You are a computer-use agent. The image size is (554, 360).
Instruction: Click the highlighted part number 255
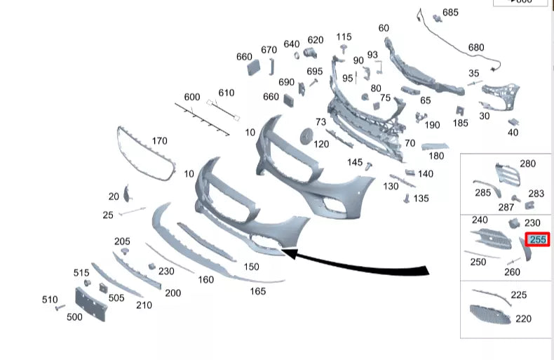538,239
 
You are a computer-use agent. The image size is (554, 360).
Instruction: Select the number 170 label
159,141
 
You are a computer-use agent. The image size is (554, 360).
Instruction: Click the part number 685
450,13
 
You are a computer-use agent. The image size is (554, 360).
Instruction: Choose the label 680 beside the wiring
476,48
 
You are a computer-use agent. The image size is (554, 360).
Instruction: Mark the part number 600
191,97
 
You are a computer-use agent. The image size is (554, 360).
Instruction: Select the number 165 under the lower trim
258,291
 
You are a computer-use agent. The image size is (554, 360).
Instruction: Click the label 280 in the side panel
527,164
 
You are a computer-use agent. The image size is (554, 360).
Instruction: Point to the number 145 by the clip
355,162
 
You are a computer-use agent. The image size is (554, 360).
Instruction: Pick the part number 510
49,300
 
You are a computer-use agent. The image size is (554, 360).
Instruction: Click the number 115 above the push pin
344,36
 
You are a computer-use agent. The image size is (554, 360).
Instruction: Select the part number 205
122,241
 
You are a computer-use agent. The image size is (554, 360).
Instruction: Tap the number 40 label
513,132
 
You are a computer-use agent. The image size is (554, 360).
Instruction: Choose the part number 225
518,295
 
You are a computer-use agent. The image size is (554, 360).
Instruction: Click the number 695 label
315,72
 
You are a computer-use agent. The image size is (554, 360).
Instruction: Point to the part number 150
251,267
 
